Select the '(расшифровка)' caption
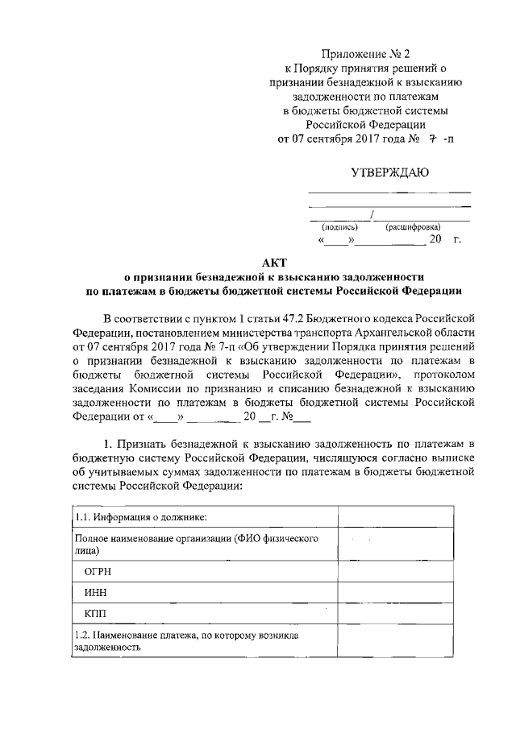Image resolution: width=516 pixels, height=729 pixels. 413,228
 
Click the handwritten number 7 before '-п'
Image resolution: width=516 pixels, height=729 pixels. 432,138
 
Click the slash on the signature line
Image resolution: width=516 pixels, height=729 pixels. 370,214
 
